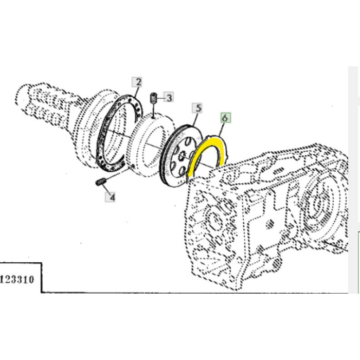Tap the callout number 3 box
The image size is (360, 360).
tap(169, 97)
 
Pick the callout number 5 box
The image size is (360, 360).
tap(197, 108)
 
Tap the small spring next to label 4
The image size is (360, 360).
tap(101, 182)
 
